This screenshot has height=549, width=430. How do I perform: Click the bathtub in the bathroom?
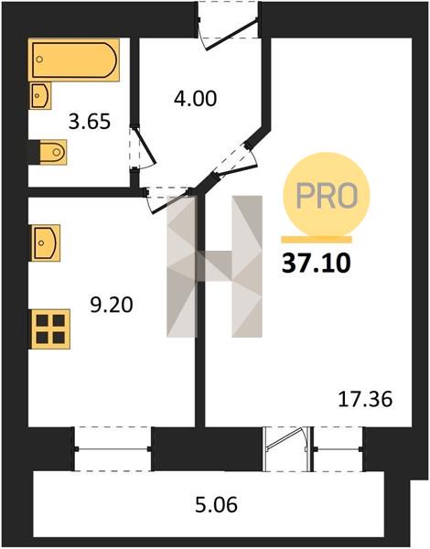(74, 59)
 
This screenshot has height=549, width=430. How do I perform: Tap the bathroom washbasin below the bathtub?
(40, 95)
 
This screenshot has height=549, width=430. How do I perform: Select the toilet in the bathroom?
(52, 152)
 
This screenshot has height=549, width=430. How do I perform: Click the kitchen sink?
(46, 243)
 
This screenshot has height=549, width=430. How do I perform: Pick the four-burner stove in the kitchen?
(50, 329)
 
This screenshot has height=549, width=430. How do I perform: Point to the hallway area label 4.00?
(196, 99)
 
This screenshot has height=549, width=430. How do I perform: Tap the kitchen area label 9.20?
(112, 305)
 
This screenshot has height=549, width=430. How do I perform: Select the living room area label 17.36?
(365, 400)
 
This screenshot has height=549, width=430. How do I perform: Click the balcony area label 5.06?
(216, 505)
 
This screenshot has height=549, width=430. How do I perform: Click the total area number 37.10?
(317, 264)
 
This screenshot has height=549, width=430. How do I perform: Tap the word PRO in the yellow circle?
(327, 196)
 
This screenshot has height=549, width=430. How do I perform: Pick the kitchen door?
(168, 200)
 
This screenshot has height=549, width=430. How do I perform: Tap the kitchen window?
(113, 449)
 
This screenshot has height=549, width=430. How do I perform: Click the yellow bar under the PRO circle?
(317, 240)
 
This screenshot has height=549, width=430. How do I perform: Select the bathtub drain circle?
(39, 59)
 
